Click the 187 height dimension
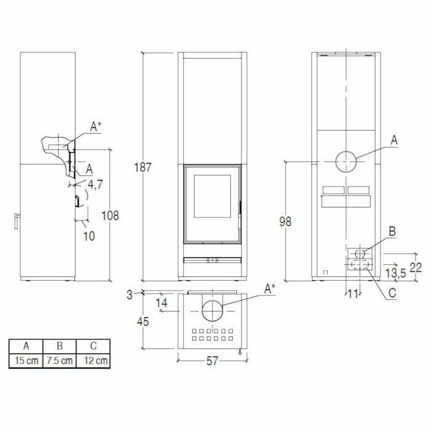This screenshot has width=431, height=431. click(143, 167)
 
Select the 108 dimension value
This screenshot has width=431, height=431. click(111, 216)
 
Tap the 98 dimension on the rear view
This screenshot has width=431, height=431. click(284, 221)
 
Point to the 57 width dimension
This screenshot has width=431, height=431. click(212, 362)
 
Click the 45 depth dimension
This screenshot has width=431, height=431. click(143, 321)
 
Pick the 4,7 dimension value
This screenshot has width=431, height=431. click(95, 184)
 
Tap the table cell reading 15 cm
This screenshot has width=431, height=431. click(26, 361)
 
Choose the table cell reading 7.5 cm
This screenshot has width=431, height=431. click(59, 361)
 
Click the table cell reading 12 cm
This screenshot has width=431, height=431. click(94, 361)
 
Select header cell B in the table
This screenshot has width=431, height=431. click(59, 346)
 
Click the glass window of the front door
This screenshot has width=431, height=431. click(212, 195)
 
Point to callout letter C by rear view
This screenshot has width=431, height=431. click(392, 293)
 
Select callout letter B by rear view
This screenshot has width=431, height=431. click(392, 232)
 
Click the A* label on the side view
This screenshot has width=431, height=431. click(95, 127)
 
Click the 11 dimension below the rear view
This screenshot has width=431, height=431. click(352, 294)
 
